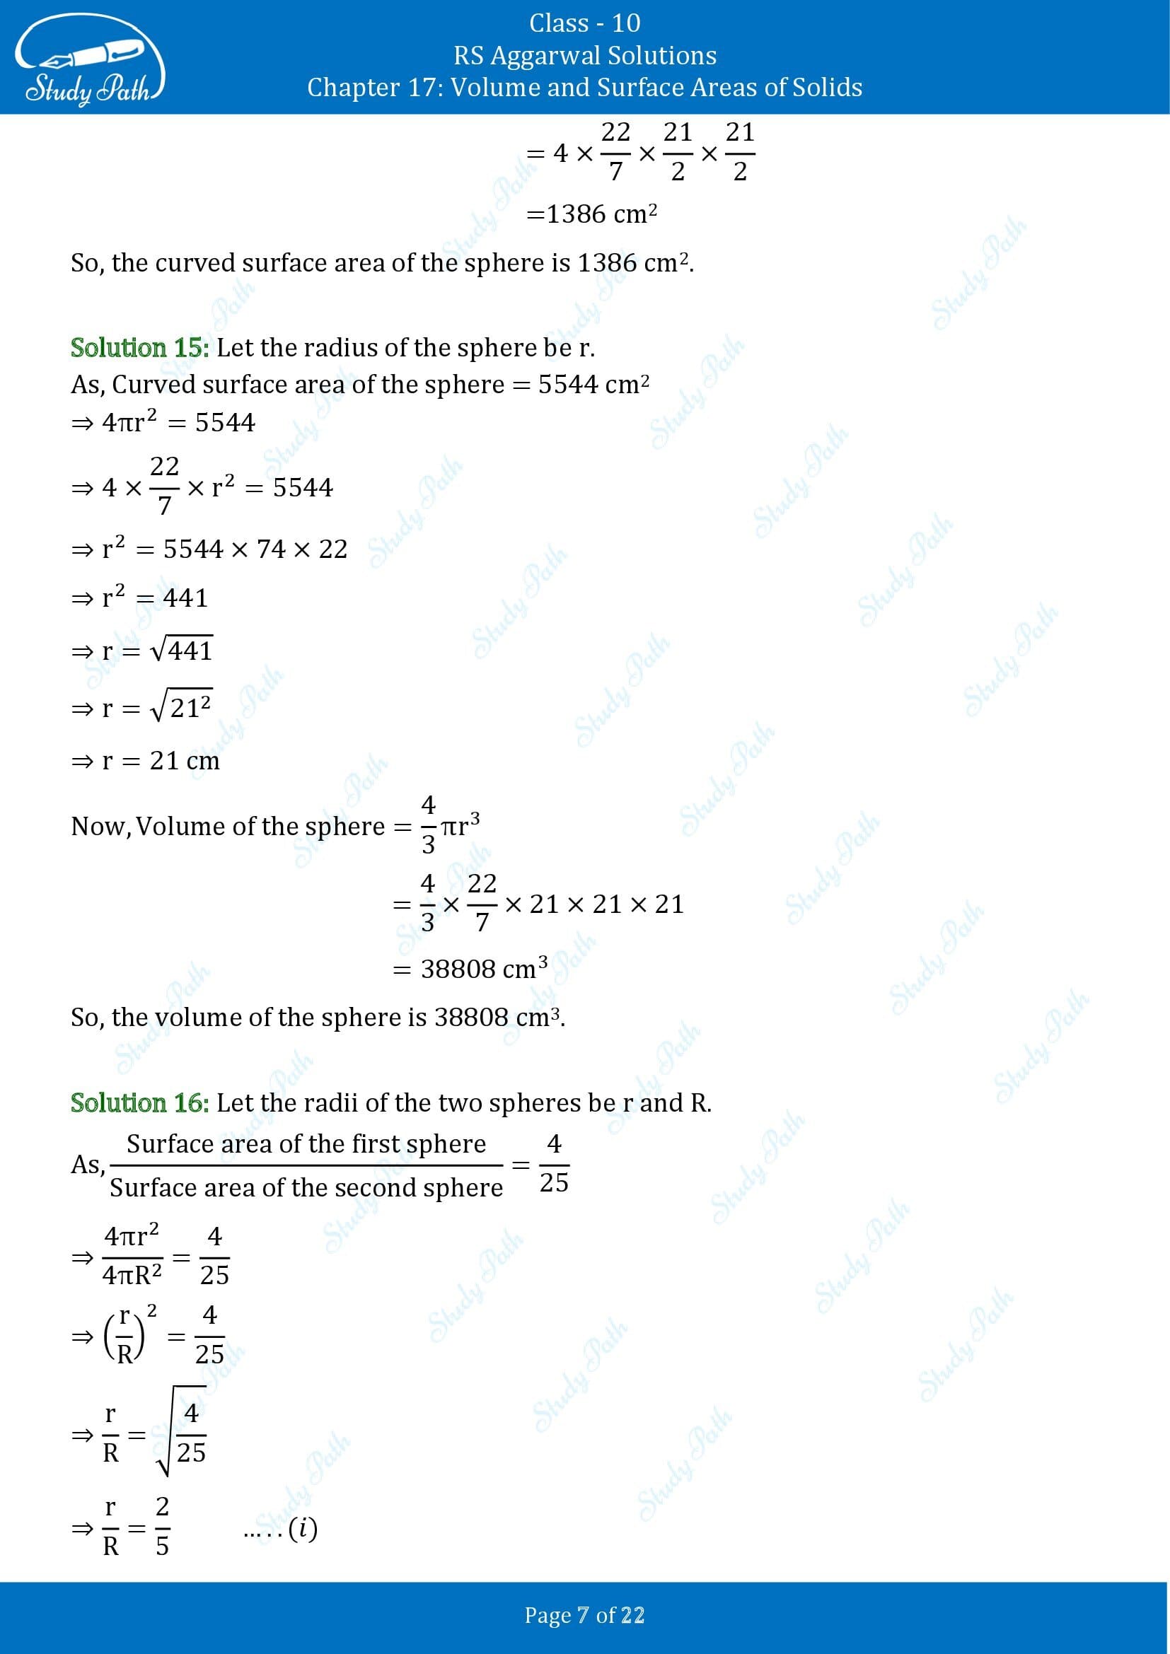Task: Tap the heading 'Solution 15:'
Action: click(x=140, y=348)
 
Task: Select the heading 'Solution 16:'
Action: click(x=140, y=1103)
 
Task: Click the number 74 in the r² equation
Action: click(x=271, y=549)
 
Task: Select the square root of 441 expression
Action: click(x=181, y=650)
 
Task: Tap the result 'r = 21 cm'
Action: click(x=161, y=760)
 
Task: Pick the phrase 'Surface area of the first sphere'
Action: click(x=306, y=1144)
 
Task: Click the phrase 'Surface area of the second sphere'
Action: click(x=306, y=1187)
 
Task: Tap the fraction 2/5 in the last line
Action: click(x=162, y=1526)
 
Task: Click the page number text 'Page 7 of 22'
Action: click(x=584, y=1615)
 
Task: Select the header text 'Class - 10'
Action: click(x=584, y=23)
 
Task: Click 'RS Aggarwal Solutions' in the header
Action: click(x=584, y=55)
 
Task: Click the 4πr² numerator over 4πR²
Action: click(x=131, y=1236)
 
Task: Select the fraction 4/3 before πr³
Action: click(x=428, y=824)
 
